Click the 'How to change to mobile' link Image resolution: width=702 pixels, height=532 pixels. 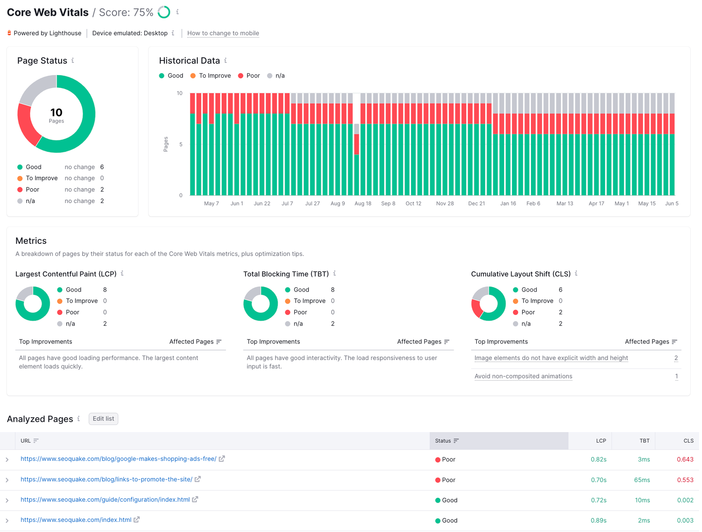click(223, 33)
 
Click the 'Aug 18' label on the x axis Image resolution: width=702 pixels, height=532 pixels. click(362, 204)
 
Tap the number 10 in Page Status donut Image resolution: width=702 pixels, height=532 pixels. click(56, 113)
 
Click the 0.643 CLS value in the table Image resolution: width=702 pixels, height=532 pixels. click(685, 459)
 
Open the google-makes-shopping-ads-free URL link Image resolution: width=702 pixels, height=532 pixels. click(118, 459)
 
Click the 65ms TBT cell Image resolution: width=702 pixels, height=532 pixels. click(641, 480)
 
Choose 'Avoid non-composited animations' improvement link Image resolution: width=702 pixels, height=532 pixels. click(523, 376)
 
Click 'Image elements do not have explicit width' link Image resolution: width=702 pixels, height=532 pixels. click(551, 358)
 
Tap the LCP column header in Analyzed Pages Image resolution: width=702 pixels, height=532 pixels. click(601, 441)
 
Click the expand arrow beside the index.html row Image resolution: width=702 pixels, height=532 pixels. click(7, 521)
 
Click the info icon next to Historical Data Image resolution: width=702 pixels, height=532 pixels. click(226, 61)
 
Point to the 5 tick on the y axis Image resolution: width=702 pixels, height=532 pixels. click(180, 144)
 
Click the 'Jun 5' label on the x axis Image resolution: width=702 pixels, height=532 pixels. click(671, 204)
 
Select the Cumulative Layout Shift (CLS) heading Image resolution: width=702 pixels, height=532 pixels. click(520, 274)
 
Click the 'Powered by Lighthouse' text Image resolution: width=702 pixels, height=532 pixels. click(47, 33)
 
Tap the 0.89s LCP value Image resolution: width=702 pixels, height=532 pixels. click(598, 521)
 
